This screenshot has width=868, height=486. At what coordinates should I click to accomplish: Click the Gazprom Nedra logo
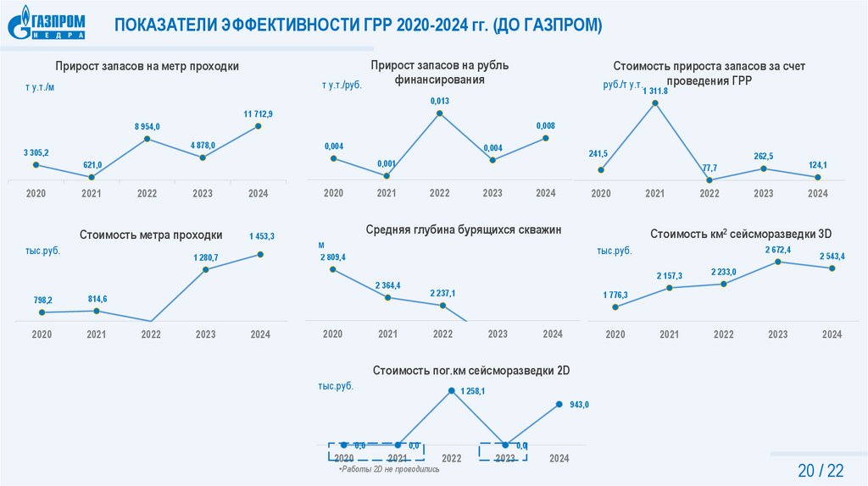(x=48, y=23)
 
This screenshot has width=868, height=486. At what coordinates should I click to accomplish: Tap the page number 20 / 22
(x=821, y=470)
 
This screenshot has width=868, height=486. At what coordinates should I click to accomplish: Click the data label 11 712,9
(x=258, y=113)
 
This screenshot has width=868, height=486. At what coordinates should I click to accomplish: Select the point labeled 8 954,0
(x=147, y=139)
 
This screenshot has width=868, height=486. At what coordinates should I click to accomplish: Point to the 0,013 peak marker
(x=439, y=113)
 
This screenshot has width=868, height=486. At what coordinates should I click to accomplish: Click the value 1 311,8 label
(x=655, y=91)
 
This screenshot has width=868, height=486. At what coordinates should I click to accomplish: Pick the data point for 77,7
(x=709, y=179)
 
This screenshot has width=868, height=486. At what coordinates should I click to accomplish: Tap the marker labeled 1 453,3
(x=261, y=254)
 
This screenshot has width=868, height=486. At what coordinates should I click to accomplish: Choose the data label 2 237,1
(x=442, y=293)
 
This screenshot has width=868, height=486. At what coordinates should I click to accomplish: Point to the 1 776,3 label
(x=615, y=295)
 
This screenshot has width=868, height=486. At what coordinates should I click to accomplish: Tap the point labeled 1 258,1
(x=451, y=391)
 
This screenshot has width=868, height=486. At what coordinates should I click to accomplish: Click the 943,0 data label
(x=579, y=405)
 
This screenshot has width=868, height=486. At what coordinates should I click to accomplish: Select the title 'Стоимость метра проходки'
(x=151, y=235)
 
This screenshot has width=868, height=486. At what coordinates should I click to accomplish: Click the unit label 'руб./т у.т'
(x=621, y=85)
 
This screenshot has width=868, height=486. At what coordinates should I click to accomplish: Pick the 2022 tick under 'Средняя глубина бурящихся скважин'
(x=442, y=334)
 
